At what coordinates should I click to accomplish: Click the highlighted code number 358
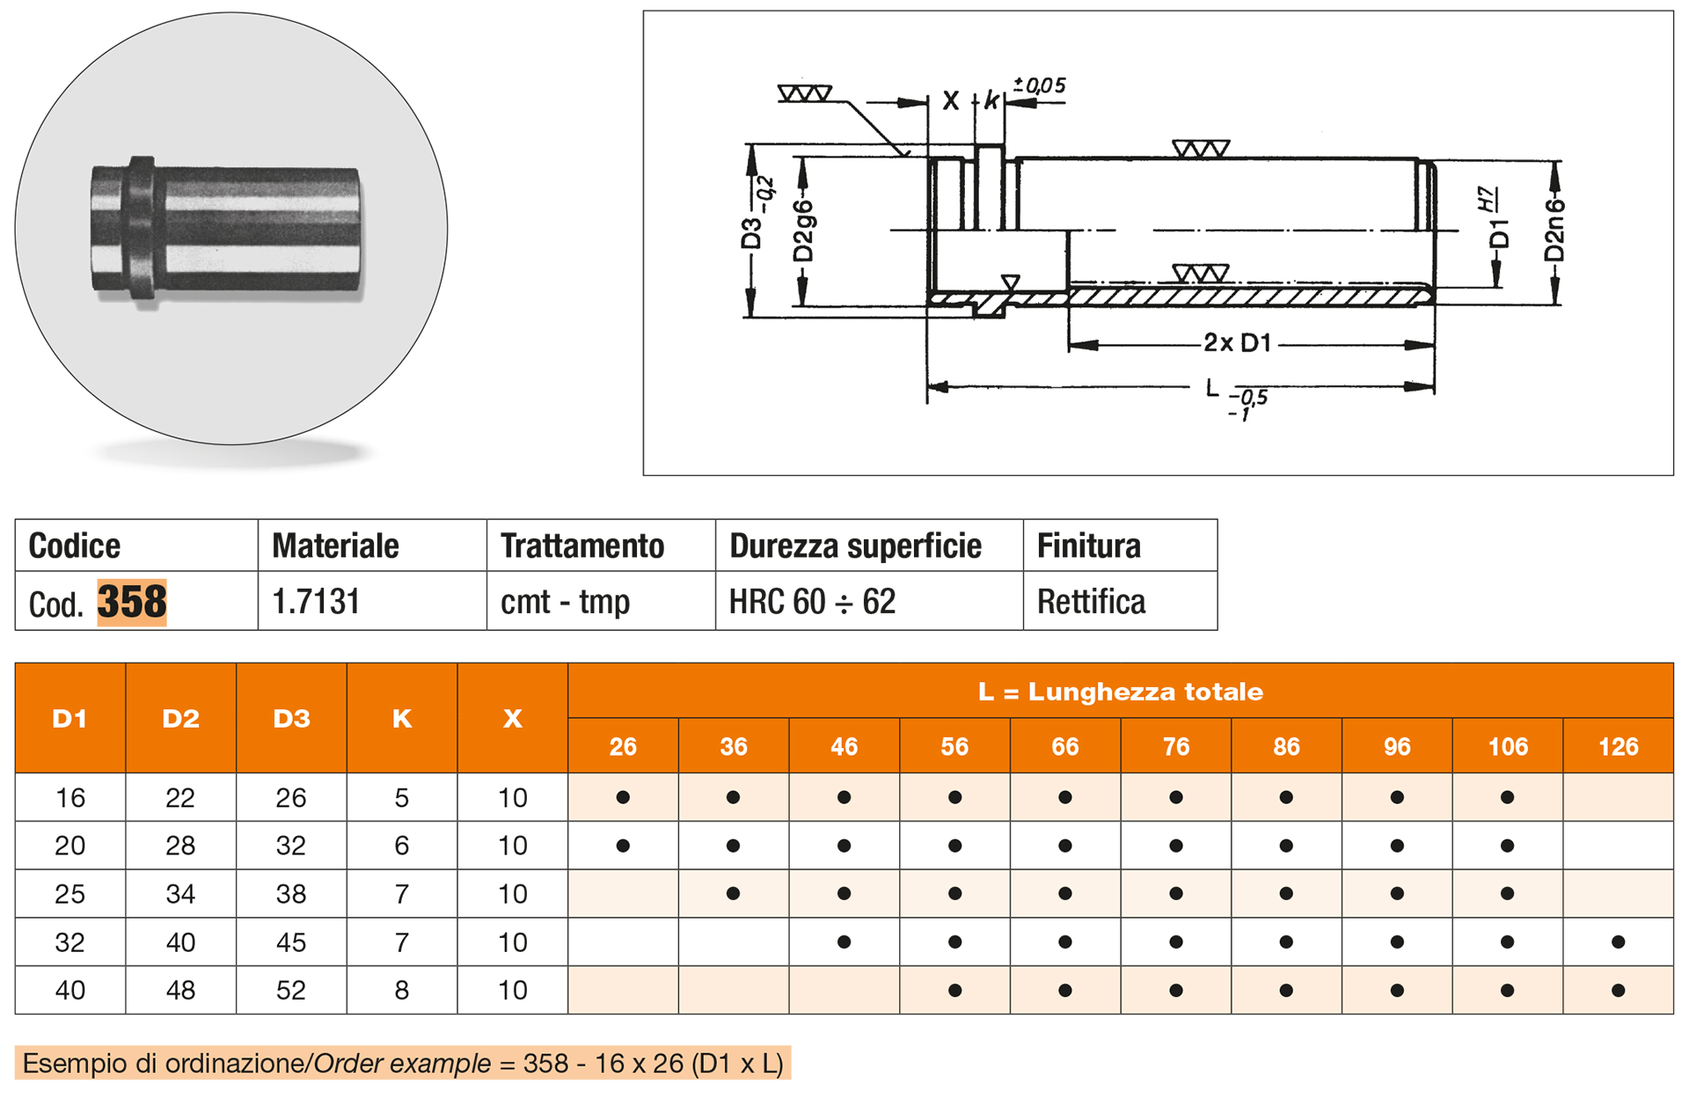point(131,602)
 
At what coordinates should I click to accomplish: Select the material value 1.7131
point(316,602)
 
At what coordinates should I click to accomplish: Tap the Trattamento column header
point(581,546)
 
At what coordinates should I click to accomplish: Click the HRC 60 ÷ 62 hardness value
point(812,602)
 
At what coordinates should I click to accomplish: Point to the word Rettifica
point(1091,602)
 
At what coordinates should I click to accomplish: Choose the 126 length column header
point(1618,746)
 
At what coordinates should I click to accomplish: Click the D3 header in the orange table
point(291,718)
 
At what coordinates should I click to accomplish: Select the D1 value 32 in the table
point(70,942)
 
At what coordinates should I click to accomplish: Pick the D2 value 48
point(180,990)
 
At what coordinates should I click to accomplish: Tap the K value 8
point(402,990)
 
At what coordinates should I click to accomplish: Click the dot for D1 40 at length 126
point(1618,990)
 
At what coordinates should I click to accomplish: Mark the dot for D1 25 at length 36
point(733,894)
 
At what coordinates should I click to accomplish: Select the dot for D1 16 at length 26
point(623,798)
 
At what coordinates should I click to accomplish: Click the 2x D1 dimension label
point(1237,343)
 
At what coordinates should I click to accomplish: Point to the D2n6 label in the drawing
point(1555,231)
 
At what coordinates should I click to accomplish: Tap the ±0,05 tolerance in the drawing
point(1040,85)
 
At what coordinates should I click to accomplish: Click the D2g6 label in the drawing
point(803,231)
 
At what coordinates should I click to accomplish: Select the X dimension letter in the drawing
point(950,101)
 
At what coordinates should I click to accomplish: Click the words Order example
point(402,1064)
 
